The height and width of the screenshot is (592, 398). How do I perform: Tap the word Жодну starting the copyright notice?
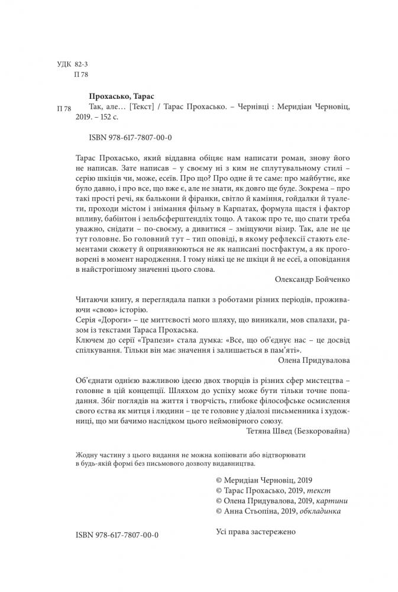click(88, 454)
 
